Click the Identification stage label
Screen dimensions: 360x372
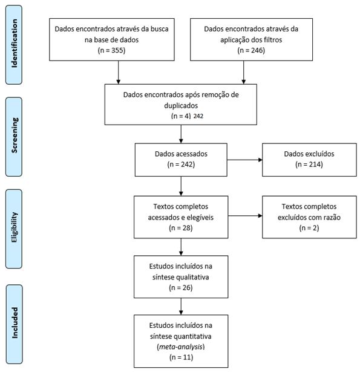(15, 44)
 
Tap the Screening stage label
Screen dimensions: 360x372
(15, 135)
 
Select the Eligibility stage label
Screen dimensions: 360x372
(15, 227)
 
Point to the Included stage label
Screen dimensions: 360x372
(15, 323)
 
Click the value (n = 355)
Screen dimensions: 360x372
(111, 50)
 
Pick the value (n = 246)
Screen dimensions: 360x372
(251, 50)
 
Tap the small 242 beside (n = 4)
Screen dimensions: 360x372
(198, 116)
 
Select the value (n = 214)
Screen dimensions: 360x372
(309, 164)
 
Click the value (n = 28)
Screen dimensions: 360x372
(180, 228)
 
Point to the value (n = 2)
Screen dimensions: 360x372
(309, 228)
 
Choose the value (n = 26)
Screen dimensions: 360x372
(180, 287)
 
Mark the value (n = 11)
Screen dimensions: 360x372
(181, 357)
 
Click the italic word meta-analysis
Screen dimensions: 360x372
(181, 347)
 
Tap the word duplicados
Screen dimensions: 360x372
(181, 106)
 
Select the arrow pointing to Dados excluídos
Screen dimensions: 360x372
(244, 160)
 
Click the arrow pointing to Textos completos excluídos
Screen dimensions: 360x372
(245, 216)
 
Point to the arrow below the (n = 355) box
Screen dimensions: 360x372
(118, 73)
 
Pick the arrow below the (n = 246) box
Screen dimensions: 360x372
(243, 73)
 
